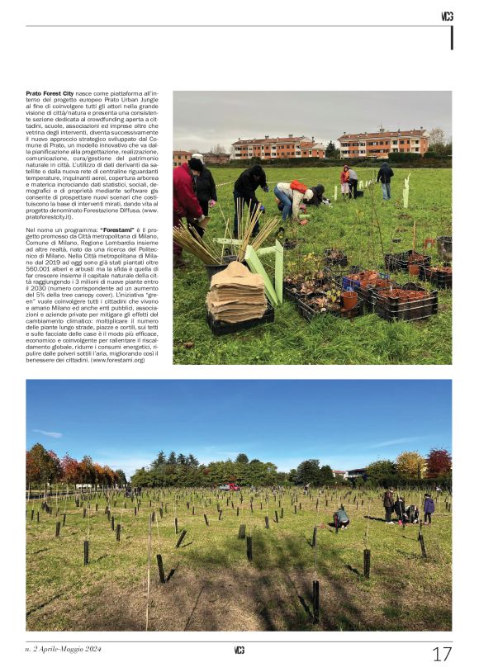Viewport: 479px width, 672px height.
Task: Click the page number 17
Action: pyautogui.click(x=442, y=654)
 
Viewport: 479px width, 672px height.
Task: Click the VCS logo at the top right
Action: pyautogui.click(x=447, y=16)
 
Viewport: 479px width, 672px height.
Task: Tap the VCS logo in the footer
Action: pyautogui.click(x=239, y=651)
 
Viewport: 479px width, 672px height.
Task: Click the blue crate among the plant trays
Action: pyautogui.click(x=352, y=283)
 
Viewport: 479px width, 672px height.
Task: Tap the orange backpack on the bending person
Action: pyautogui.click(x=298, y=187)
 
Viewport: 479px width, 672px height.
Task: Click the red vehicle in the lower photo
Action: pyautogui.click(x=229, y=487)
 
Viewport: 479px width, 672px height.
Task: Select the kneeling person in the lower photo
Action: pyautogui.click(x=340, y=518)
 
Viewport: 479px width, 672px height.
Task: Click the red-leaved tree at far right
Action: pyautogui.click(x=439, y=462)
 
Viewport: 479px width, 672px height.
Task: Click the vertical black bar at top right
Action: pyautogui.click(x=451, y=38)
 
